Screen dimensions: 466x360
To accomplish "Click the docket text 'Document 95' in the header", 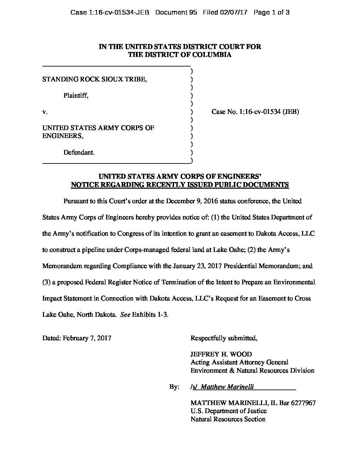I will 176,13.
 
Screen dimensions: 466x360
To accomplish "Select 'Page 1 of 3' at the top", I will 271,13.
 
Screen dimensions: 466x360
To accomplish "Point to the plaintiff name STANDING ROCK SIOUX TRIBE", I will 95,79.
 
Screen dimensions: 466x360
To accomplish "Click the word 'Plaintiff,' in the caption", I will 76,96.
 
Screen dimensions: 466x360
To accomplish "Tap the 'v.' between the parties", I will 45,112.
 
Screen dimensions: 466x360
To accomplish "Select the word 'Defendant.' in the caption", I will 79,153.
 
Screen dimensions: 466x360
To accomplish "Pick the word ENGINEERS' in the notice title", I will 241,176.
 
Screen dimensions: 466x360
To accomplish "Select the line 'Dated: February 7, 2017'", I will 77,338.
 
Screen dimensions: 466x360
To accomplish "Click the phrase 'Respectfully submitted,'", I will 224,338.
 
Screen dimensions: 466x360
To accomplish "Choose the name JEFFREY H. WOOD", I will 221,354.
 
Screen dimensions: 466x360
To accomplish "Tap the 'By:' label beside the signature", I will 174,387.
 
